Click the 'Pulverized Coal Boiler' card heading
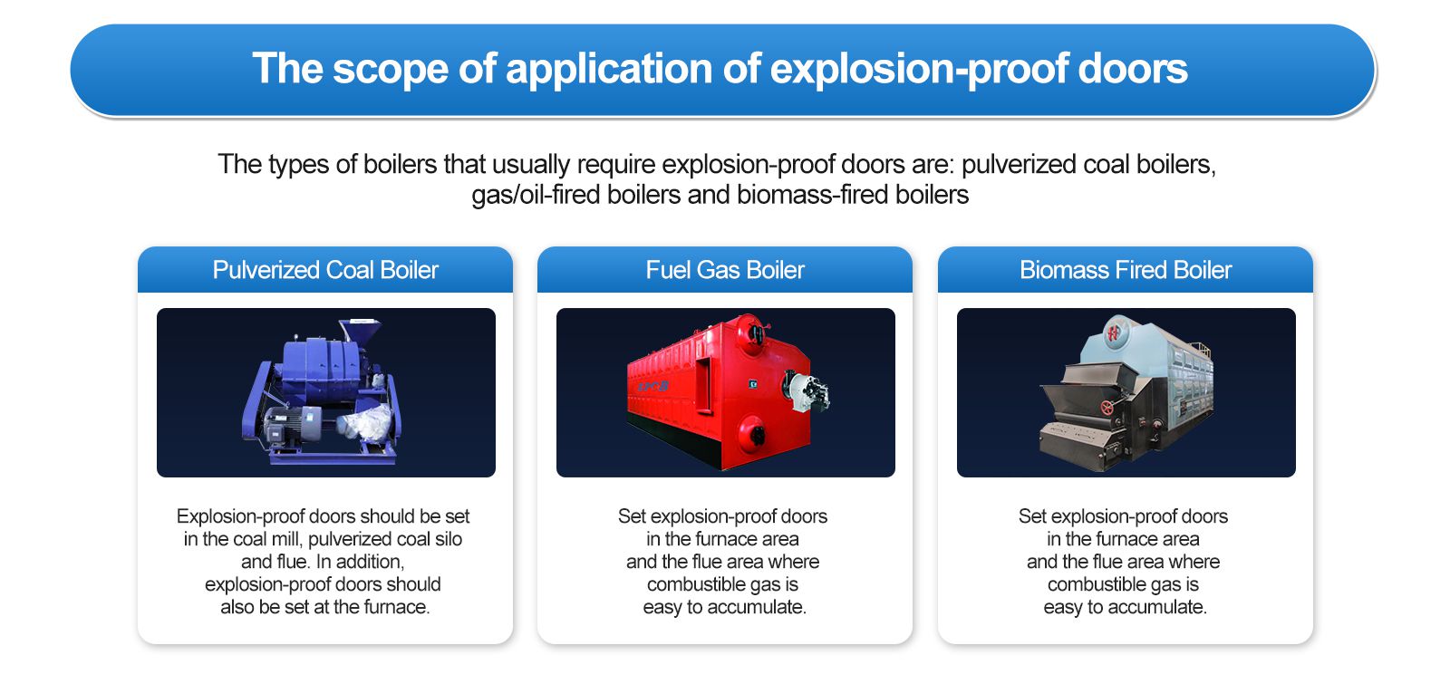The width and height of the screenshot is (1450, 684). pos(325,270)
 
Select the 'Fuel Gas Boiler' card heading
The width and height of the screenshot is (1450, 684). pos(725,270)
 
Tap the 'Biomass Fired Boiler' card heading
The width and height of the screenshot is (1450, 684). pos(1126,270)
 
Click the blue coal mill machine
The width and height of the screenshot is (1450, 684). pos(322,391)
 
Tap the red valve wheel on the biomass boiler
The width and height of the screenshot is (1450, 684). pos(1107,409)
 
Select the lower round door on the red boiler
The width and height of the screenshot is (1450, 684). pos(751,431)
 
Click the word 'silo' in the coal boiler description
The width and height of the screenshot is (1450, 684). pos(448,539)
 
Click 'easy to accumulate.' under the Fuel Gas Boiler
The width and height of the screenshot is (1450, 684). pos(724,607)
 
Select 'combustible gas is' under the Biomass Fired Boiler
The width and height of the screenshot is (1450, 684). pos(1123,584)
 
